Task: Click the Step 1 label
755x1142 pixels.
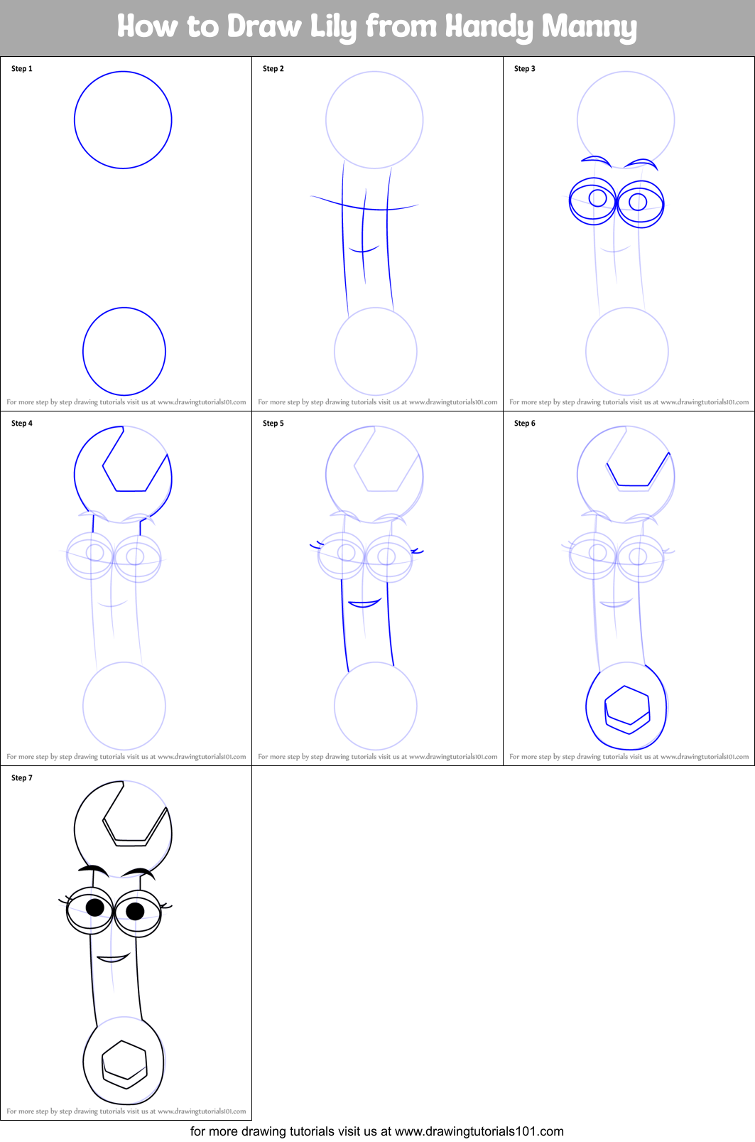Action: coord(22,69)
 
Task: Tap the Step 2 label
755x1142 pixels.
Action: coord(273,69)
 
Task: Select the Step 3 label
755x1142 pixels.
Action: coord(525,69)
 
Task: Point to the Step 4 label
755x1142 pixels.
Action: coord(22,424)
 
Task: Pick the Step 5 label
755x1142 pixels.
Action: coord(273,424)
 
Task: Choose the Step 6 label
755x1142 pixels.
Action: coord(525,424)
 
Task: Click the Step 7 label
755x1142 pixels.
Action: coord(22,778)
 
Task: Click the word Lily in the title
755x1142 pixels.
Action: coord(332,27)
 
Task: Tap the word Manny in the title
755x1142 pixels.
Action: coord(589,27)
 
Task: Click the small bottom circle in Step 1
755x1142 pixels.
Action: coord(124,351)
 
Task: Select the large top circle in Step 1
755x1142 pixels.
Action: coord(123,119)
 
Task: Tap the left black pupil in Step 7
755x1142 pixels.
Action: coord(95,907)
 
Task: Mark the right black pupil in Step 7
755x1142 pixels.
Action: coord(135,910)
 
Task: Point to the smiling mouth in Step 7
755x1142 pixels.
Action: coord(113,959)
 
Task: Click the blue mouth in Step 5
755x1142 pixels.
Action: coord(364,604)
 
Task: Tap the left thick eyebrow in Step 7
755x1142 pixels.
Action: coord(93,870)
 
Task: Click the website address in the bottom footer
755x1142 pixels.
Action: coord(479,1131)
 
